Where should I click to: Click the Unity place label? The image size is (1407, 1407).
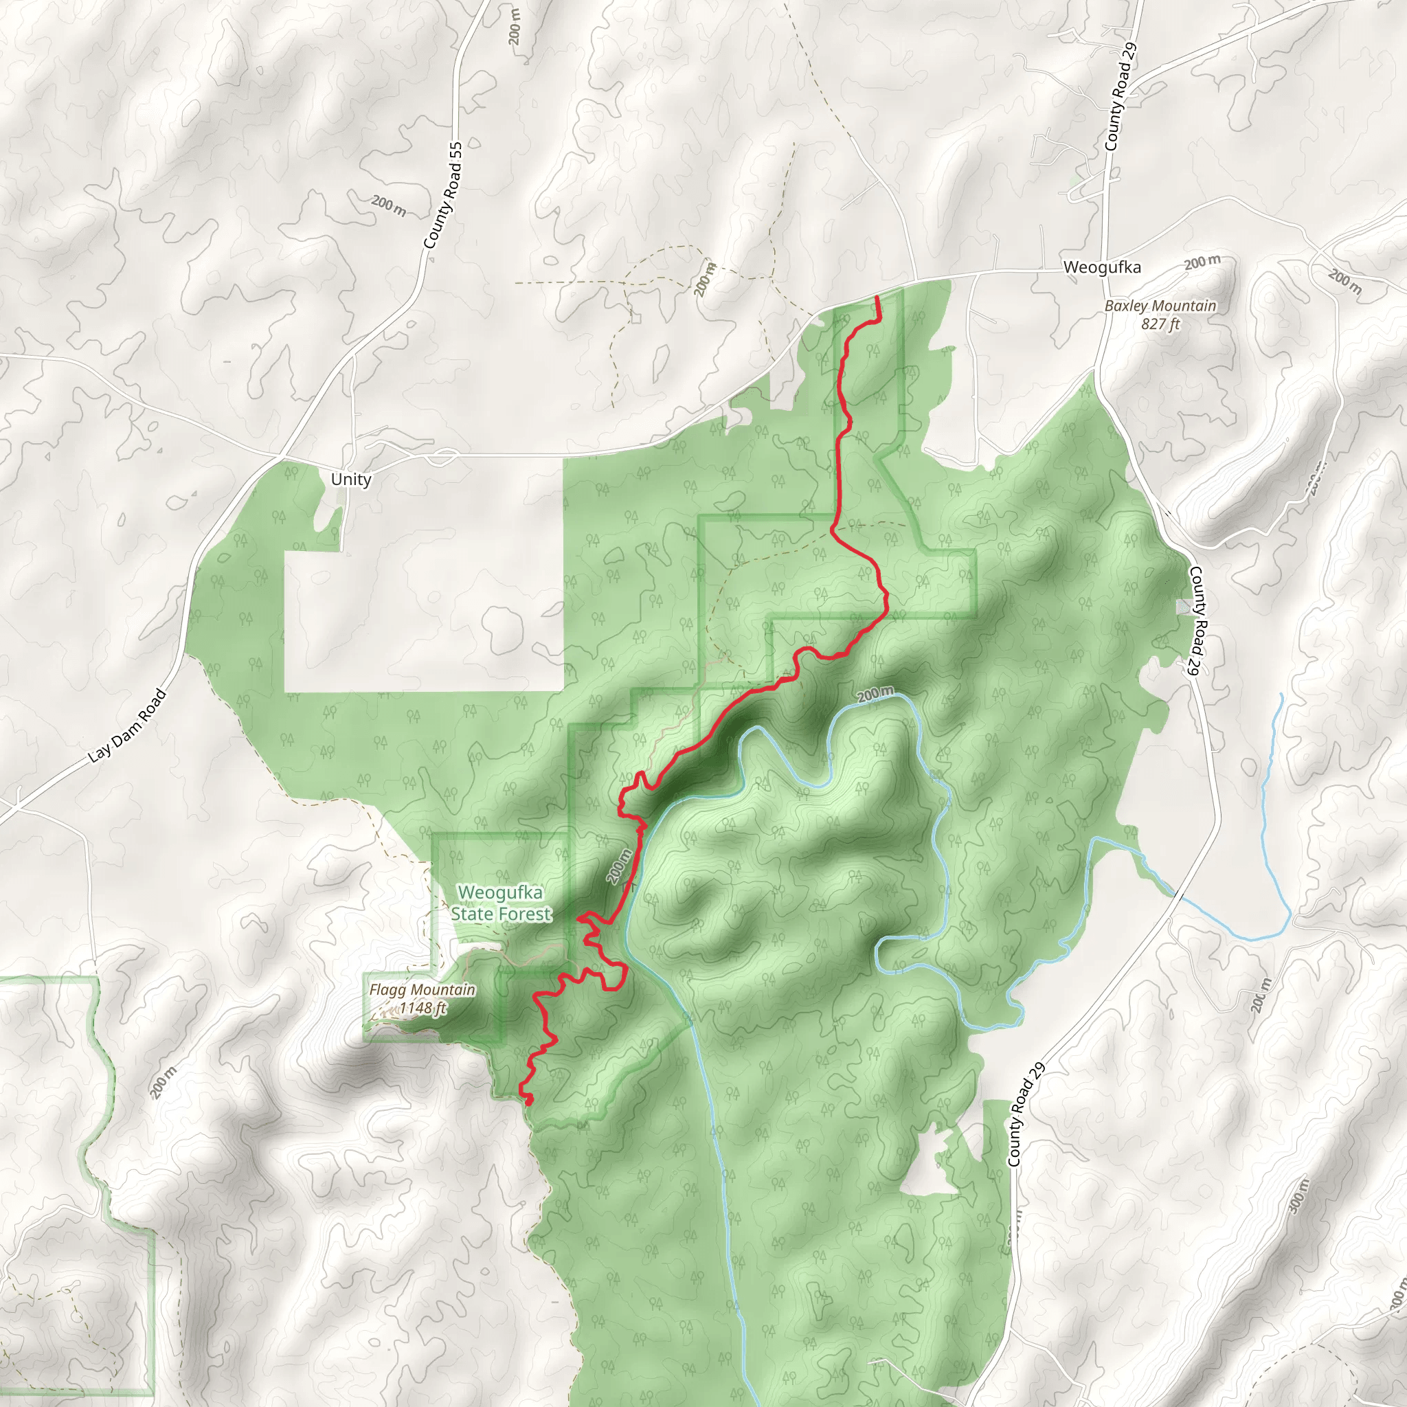click(351, 480)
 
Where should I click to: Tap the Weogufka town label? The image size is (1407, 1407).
click(1101, 267)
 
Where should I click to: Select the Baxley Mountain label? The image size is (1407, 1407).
click(1160, 306)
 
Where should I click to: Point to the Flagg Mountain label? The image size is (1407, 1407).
click(422, 990)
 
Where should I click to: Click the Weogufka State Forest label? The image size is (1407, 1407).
click(501, 903)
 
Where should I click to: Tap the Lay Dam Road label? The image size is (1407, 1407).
click(128, 725)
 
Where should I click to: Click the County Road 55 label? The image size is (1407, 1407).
click(443, 195)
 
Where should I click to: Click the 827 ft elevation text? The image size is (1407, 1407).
click(1160, 324)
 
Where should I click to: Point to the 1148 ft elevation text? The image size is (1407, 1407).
click(423, 1008)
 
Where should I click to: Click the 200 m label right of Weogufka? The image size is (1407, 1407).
click(1202, 262)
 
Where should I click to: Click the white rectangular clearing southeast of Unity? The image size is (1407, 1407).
click(423, 619)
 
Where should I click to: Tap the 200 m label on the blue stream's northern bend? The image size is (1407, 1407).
click(875, 694)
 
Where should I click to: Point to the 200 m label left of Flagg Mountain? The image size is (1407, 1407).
click(163, 1083)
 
